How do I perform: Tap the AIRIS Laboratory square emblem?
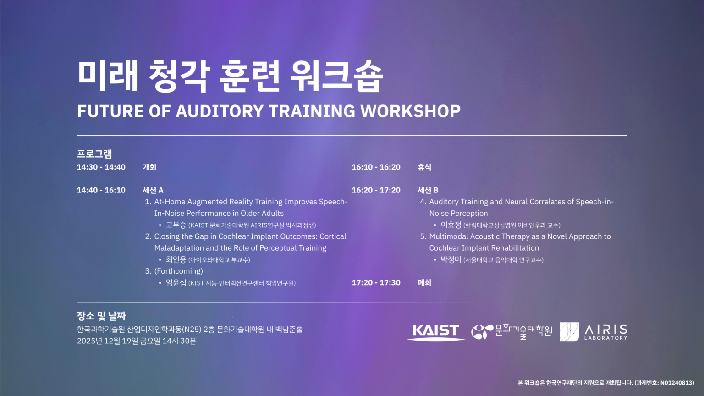(x=569, y=331)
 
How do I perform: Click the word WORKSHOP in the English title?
(x=411, y=111)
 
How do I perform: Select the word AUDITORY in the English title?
(x=220, y=111)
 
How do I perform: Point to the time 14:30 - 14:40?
(x=101, y=167)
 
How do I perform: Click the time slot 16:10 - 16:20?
(x=376, y=167)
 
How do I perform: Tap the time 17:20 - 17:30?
(x=376, y=282)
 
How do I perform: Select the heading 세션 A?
(x=153, y=190)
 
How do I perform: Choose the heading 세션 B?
(x=428, y=190)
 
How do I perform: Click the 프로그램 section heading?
(x=94, y=154)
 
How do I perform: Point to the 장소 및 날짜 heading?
(x=101, y=316)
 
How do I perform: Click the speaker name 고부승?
(x=176, y=225)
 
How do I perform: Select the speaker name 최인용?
(x=176, y=259)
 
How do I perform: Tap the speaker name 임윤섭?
(x=176, y=282)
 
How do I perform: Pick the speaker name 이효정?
(x=451, y=225)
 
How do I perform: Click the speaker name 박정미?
(x=451, y=259)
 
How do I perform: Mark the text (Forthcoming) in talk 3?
(x=178, y=271)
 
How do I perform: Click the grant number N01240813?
(x=676, y=383)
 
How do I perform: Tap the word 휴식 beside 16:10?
(x=424, y=167)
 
